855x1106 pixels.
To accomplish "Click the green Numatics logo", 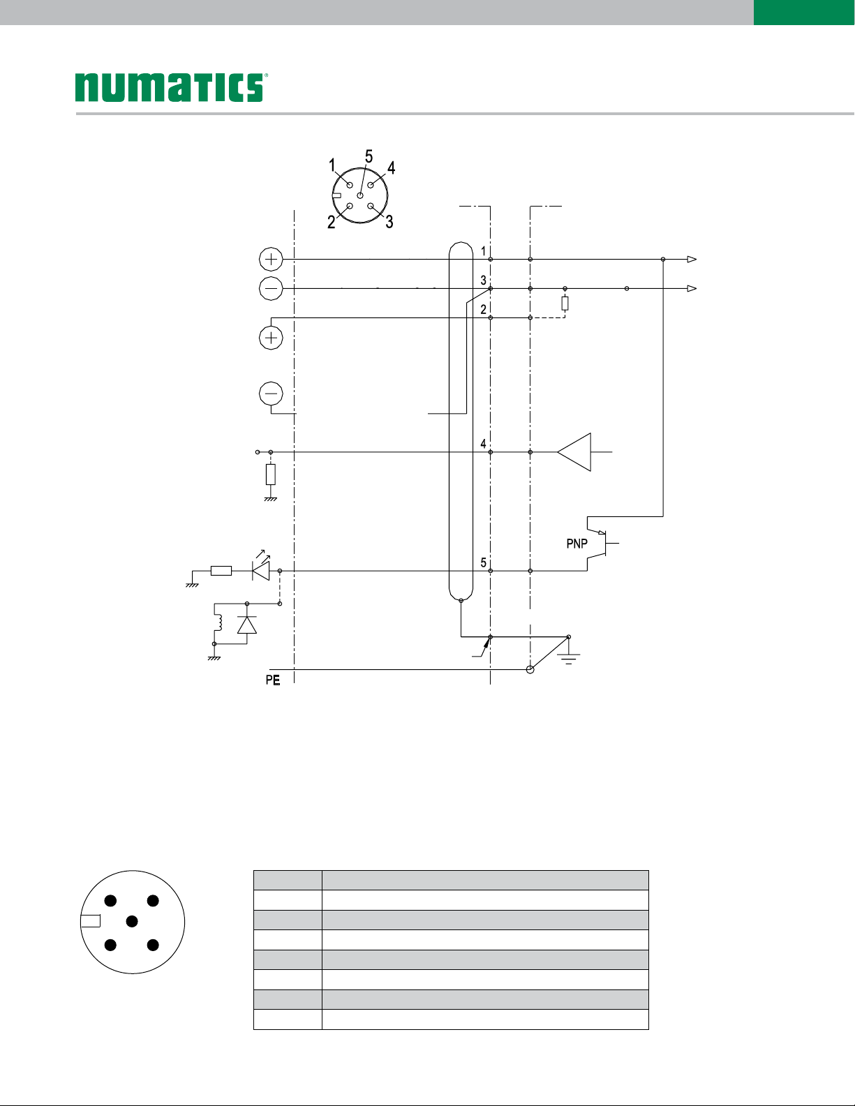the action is [170, 87].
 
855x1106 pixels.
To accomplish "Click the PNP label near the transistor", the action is [577, 544].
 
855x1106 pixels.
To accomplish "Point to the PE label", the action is [273, 680].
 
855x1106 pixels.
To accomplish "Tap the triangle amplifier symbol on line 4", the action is [574, 452].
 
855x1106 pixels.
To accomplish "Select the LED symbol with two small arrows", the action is [262, 567].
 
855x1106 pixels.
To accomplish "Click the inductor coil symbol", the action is [220, 622].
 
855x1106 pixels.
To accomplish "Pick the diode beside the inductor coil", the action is [247, 625].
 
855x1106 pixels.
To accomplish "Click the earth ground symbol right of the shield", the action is [569, 659].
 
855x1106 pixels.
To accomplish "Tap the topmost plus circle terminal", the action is [272, 259].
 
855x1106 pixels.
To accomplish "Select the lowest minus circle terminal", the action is [272, 394].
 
